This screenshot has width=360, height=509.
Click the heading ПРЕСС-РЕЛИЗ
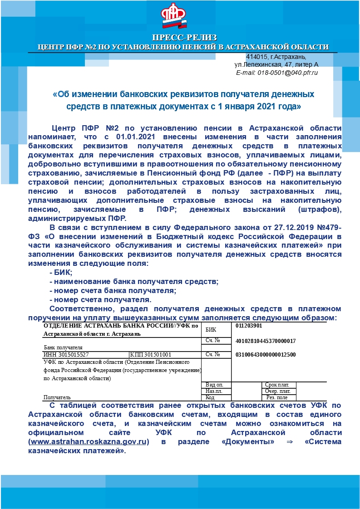click(184, 37)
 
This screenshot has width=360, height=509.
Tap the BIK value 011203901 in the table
click(249, 326)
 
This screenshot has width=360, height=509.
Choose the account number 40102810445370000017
click(266, 341)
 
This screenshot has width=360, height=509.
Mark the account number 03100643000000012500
click(266, 355)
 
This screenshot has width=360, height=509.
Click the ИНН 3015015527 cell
click(66, 355)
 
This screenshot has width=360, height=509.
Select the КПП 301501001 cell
click(151, 355)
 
